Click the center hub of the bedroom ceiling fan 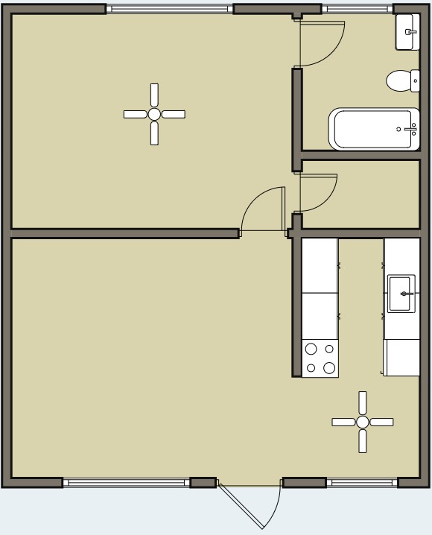point(154,114)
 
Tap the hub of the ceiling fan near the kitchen point(362,422)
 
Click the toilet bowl point(398,80)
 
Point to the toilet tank point(416,80)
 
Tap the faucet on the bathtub point(407,129)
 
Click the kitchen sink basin point(402,293)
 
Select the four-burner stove point(320,358)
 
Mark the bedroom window point(169,9)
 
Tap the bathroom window point(358,9)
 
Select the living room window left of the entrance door point(127,483)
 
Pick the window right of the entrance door point(363,483)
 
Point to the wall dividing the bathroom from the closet point(361,155)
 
